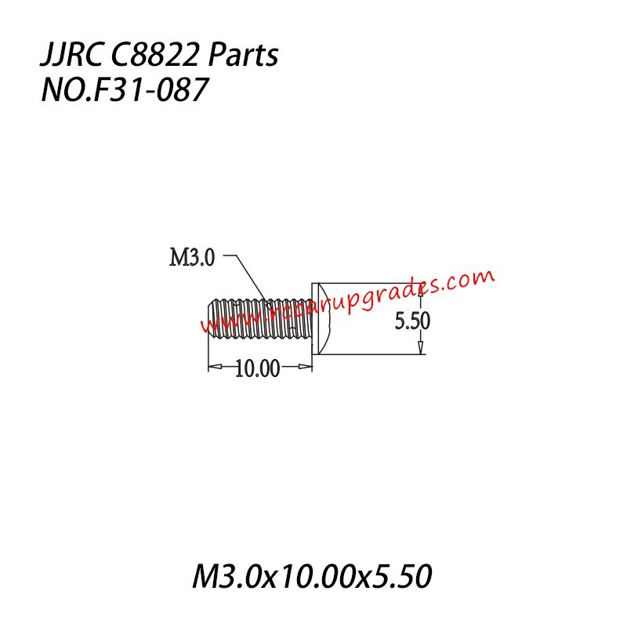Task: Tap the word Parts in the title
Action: point(245,57)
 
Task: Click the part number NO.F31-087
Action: point(124,91)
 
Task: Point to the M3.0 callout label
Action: point(192,258)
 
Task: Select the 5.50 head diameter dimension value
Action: point(412,321)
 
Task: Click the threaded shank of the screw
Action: point(259,319)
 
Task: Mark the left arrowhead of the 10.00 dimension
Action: point(213,366)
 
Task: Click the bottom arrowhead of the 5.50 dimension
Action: point(421,348)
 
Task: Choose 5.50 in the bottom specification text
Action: point(400,578)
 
